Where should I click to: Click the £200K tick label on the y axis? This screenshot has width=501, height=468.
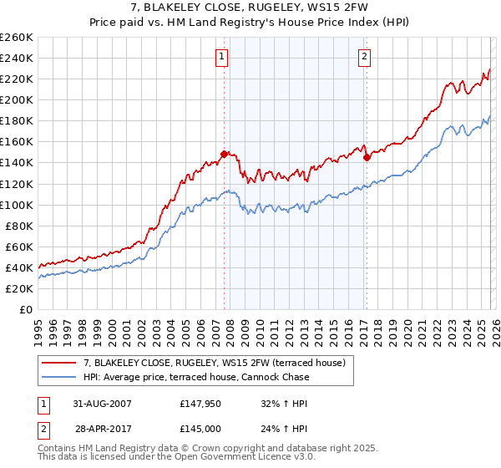17,99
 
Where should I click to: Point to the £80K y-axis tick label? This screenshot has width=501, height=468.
19,226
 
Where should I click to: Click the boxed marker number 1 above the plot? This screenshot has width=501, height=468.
222,57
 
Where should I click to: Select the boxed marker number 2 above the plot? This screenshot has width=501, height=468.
365,57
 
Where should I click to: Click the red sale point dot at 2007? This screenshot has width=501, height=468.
224,154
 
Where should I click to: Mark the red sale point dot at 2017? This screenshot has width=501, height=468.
366,156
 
